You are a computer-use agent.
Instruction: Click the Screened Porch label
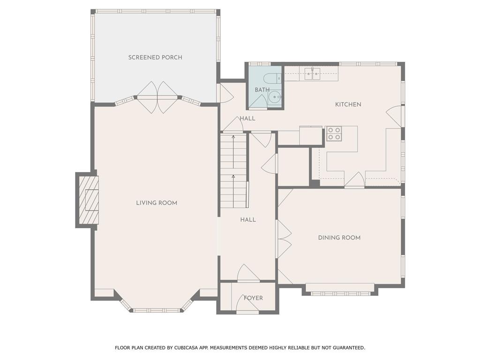[x=155, y=57]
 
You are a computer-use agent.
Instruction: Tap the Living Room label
[x=157, y=202]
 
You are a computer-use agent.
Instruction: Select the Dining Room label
[x=339, y=238]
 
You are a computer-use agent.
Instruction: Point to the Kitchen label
[x=348, y=105]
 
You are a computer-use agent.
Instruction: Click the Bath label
[x=262, y=90]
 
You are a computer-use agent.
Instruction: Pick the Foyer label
[x=253, y=298]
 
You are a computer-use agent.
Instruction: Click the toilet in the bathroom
[x=272, y=79]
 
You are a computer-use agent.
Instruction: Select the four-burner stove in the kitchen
[x=334, y=134]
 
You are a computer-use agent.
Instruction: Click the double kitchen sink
[x=312, y=74]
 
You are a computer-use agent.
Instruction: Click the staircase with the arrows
[x=233, y=171]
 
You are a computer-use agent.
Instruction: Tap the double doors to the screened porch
[x=157, y=97]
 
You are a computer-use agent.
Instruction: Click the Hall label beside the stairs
[x=248, y=219]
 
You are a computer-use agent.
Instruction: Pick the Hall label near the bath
[x=247, y=119]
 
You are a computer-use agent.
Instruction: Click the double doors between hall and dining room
[x=284, y=239]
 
